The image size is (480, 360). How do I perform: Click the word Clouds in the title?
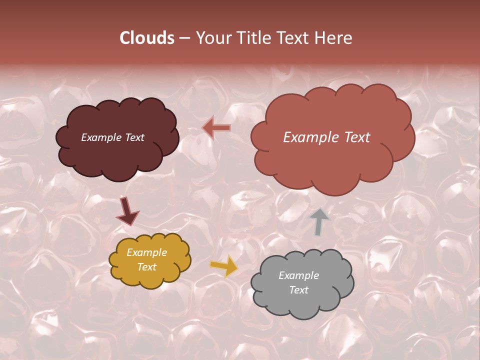coord(147,38)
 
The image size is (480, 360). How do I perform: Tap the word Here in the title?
coord(334,38)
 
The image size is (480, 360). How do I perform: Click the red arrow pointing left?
coord(216,128)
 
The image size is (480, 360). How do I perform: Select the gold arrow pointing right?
coord(224,266)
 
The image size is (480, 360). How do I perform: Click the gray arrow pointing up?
coord(318,221)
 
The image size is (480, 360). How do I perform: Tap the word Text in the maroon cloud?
coord(134,137)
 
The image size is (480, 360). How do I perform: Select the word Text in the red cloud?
coord(356,137)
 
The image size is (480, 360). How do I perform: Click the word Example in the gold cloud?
coord(147,252)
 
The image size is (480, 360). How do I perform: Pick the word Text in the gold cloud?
coord(147,267)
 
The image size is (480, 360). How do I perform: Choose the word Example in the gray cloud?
coord(298,275)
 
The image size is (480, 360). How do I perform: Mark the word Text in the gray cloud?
coord(298,290)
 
